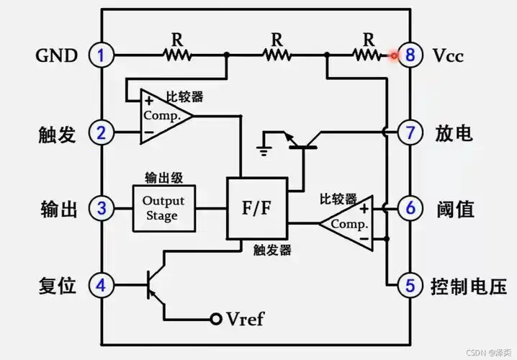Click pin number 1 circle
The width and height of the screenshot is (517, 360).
102,55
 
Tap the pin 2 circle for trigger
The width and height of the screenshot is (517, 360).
102,132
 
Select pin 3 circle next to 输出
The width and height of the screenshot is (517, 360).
102,209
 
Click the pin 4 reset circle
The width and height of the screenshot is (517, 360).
102,285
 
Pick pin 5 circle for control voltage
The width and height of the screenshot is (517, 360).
410,285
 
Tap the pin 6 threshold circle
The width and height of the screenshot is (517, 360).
410,209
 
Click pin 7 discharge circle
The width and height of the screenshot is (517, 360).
410,132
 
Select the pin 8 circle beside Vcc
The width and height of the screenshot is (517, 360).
410,55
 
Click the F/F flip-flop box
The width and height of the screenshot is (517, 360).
257,209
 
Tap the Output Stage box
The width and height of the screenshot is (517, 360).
163,208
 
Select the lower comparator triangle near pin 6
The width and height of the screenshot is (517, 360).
349,223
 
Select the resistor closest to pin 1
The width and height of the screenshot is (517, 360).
176,55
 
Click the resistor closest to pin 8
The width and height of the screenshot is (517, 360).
367,55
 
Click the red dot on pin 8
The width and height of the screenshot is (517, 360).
394,55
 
